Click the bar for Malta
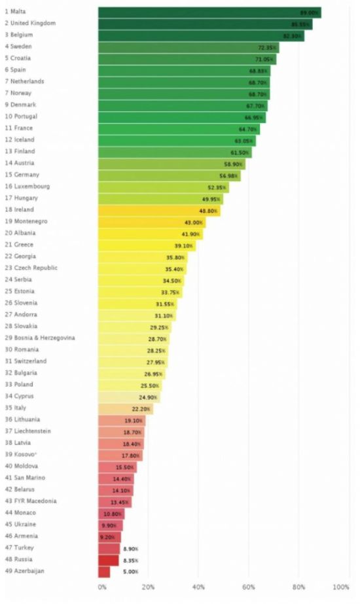[209, 12]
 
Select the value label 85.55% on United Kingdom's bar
[301, 24]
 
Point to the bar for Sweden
[189, 47]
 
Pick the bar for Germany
[169, 175]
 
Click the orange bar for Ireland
[159, 210]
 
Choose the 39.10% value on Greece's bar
[183, 245]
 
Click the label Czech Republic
[31, 268]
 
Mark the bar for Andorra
[137, 315]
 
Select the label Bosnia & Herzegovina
[40, 338]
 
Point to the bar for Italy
[125, 408]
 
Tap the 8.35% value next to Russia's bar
[130, 561]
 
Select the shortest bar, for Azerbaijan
[104, 571]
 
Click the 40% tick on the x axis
[198, 587]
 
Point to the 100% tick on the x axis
[340, 587]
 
